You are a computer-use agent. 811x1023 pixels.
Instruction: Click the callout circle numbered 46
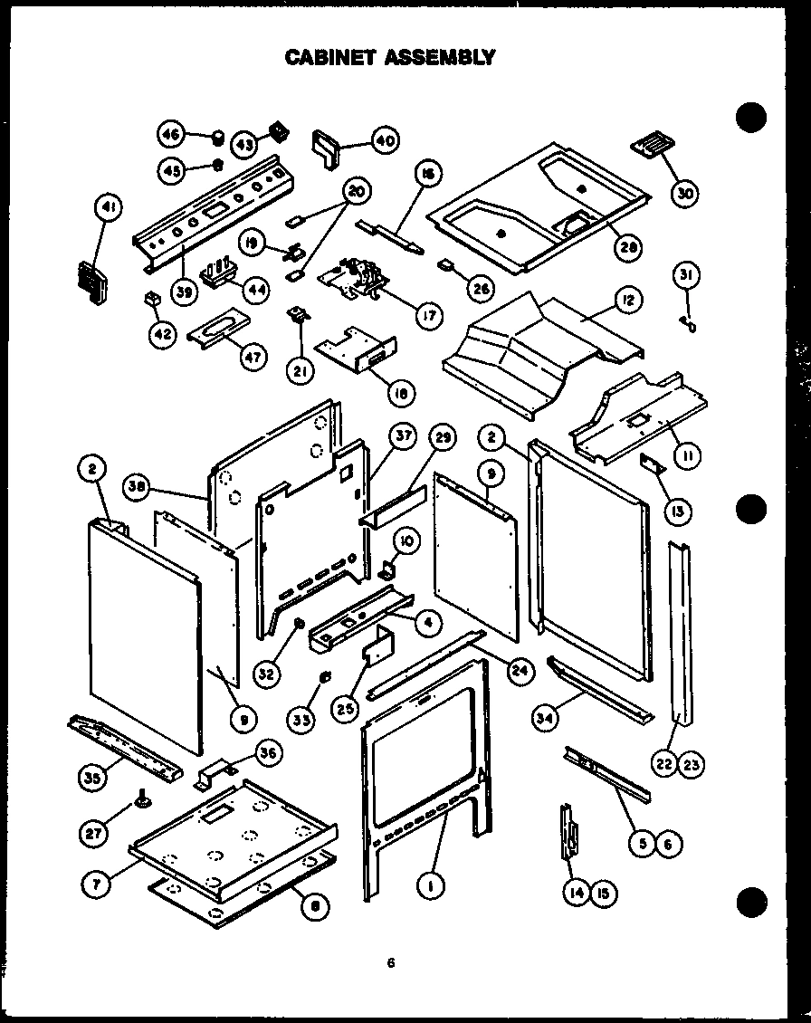170,136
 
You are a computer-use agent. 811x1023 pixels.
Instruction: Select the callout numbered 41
108,211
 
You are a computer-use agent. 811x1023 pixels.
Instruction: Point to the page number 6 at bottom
391,963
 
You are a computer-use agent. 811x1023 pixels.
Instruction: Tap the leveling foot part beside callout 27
143,798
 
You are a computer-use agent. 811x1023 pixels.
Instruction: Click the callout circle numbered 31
688,274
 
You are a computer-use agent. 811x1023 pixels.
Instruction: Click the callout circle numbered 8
313,909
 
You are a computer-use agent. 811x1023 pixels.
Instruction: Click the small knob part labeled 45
217,166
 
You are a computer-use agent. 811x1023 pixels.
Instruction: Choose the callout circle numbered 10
406,541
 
